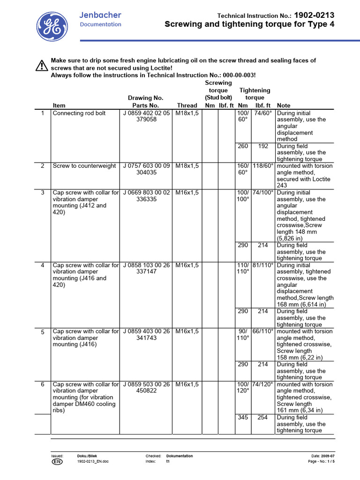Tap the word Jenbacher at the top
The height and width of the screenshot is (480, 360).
[100, 15]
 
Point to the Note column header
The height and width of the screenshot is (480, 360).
[284, 105]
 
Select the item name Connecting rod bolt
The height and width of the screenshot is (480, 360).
[79, 113]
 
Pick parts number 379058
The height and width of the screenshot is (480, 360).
[146, 120]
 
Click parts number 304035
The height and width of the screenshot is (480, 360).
[146, 172]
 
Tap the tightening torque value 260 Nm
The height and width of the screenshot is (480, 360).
[243, 146]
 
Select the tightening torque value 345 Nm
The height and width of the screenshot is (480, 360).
[243, 417]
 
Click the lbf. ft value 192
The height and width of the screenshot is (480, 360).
[263, 146]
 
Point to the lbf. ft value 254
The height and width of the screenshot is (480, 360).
[263, 417]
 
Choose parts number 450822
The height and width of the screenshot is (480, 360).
[146, 391]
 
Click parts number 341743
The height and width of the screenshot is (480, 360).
[146, 338]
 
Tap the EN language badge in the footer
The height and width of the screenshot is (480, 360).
[56, 461]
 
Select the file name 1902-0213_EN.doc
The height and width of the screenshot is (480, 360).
[93, 461]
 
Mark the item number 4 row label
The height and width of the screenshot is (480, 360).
[43, 265]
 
